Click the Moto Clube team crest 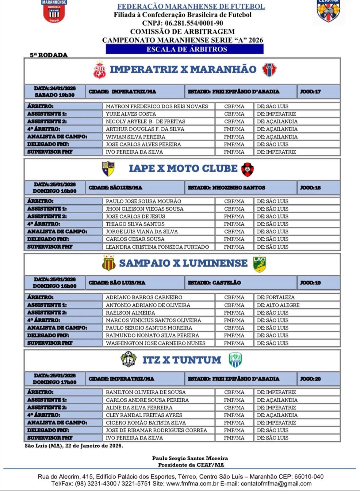pyautogui.click(x=247, y=169)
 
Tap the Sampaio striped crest pyautogui.click(x=109, y=263)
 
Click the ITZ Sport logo pyautogui.click(x=128, y=359)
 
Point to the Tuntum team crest pyautogui.click(x=235, y=360)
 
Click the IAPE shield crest pyautogui.click(x=108, y=169)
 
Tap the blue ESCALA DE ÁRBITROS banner pyautogui.click(x=185, y=49)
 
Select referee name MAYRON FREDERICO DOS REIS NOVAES pyautogui.click(x=157, y=106)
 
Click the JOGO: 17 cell pyautogui.click(x=318, y=91)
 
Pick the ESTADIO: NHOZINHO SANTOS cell pyautogui.click(x=240, y=188)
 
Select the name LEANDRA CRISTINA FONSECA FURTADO pyautogui.click(x=157, y=247)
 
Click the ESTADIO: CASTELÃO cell pyautogui.click(x=240, y=283)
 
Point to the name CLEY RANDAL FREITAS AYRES pyautogui.click(x=144, y=415)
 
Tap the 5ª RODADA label pyautogui.click(x=48, y=55)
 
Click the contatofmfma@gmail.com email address pyautogui.click(x=276, y=484)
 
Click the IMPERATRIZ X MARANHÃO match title pyautogui.click(x=183, y=69)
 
